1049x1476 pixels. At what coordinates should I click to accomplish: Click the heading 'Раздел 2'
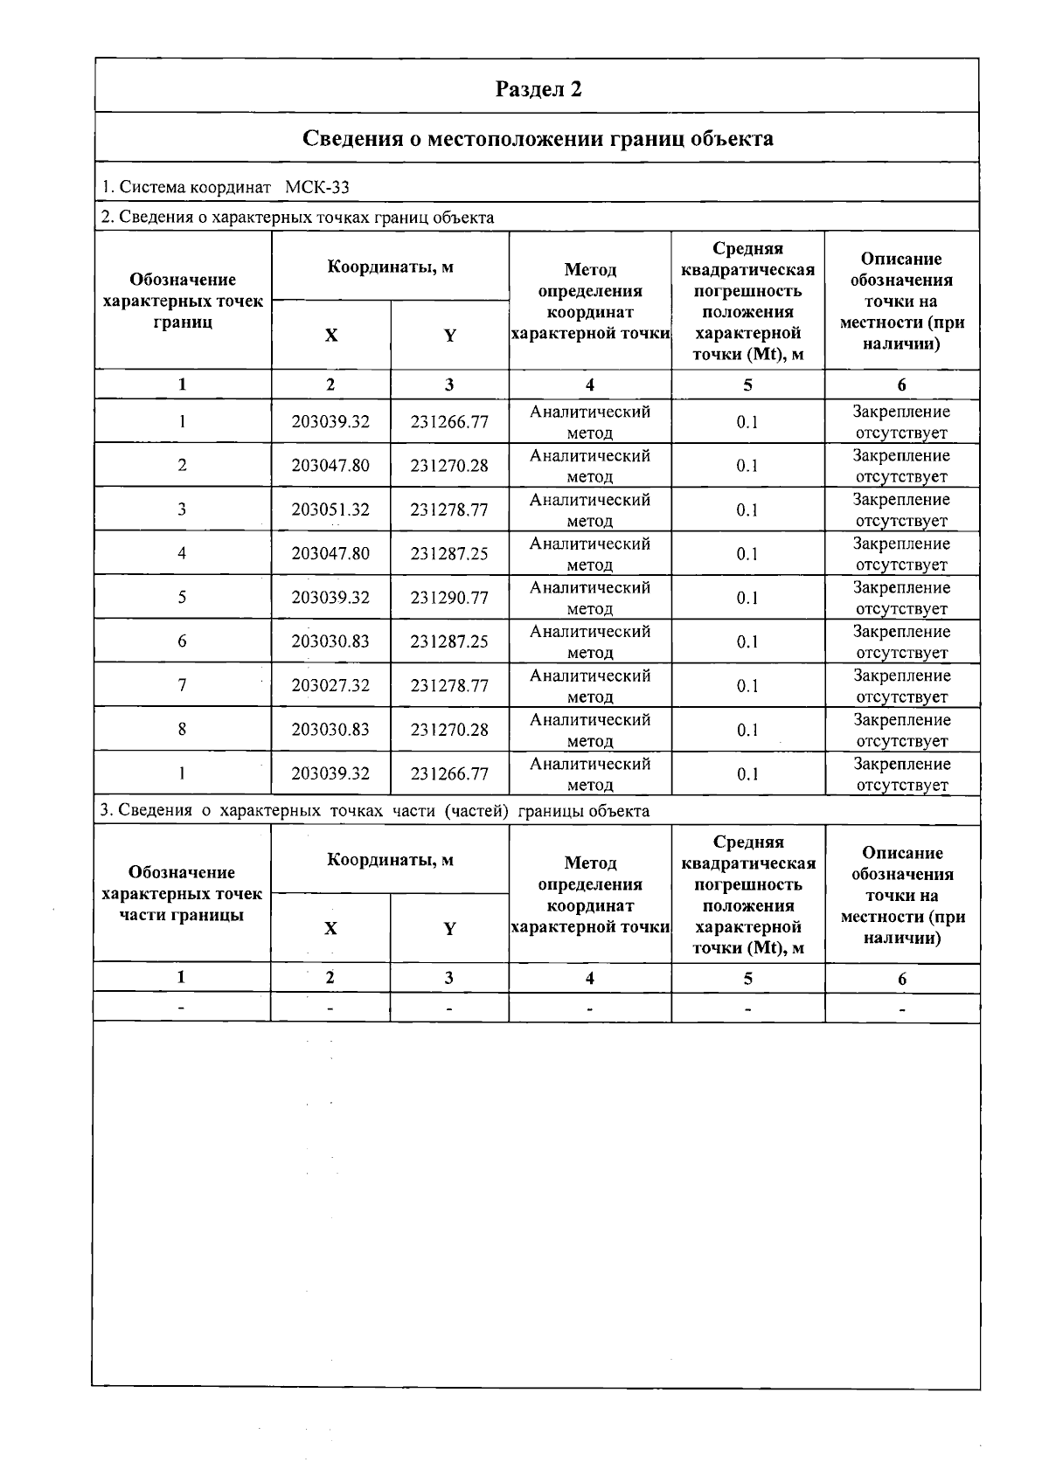click(538, 88)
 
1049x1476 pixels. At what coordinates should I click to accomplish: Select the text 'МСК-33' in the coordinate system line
click(317, 187)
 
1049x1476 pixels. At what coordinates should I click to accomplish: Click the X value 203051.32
click(330, 509)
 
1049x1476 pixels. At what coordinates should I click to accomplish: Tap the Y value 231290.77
click(449, 598)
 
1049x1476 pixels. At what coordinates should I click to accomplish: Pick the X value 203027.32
click(330, 686)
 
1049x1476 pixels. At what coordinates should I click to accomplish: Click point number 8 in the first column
click(182, 729)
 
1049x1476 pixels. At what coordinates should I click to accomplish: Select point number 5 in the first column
click(182, 598)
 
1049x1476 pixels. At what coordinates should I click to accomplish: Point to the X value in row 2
click(330, 466)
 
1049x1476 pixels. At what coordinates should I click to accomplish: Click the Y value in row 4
click(449, 554)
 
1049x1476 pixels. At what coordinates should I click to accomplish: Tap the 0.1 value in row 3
click(747, 510)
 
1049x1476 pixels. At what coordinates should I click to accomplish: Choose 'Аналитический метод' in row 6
click(590, 641)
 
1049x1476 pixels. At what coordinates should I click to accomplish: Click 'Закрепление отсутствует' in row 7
click(901, 686)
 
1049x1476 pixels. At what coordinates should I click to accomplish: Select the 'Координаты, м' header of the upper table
click(390, 267)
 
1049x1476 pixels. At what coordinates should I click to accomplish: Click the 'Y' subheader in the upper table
click(449, 336)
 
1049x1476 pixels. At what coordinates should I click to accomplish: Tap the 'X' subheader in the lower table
click(330, 928)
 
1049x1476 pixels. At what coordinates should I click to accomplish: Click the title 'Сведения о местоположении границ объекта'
click(538, 138)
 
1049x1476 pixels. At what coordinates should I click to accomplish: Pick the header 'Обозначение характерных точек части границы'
click(182, 893)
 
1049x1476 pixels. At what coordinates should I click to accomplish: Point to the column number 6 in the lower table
click(902, 979)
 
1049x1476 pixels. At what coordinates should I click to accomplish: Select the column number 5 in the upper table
click(747, 385)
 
